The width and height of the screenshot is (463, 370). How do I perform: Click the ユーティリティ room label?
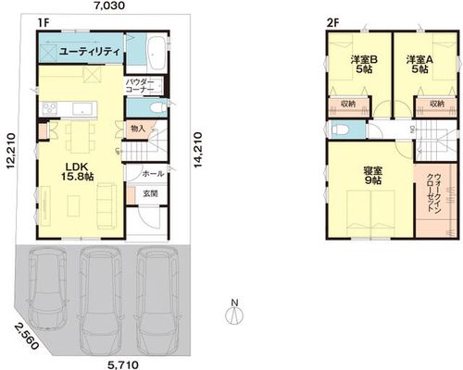(89, 52)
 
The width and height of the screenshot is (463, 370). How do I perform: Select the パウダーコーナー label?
(140, 86)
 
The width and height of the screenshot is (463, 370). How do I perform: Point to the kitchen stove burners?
(49, 109)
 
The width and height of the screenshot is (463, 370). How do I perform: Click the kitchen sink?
(82, 109)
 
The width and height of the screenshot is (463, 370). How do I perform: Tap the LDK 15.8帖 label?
(77, 172)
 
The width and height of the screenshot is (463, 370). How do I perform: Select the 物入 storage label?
(138, 129)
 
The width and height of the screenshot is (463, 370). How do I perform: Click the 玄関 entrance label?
(150, 193)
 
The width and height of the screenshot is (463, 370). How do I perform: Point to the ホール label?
(153, 174)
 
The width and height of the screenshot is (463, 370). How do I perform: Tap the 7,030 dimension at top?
(109, 6)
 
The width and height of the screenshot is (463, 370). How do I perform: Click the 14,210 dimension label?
(198, 150)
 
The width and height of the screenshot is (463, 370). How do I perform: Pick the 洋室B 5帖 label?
(364, 65)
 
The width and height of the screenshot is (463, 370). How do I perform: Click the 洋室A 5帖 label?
(419, 65)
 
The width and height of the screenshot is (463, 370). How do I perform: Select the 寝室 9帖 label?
(373, 175)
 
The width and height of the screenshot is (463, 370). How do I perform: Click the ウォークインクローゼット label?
(433, 192)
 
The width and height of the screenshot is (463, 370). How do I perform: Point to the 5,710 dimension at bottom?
(123, 365)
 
